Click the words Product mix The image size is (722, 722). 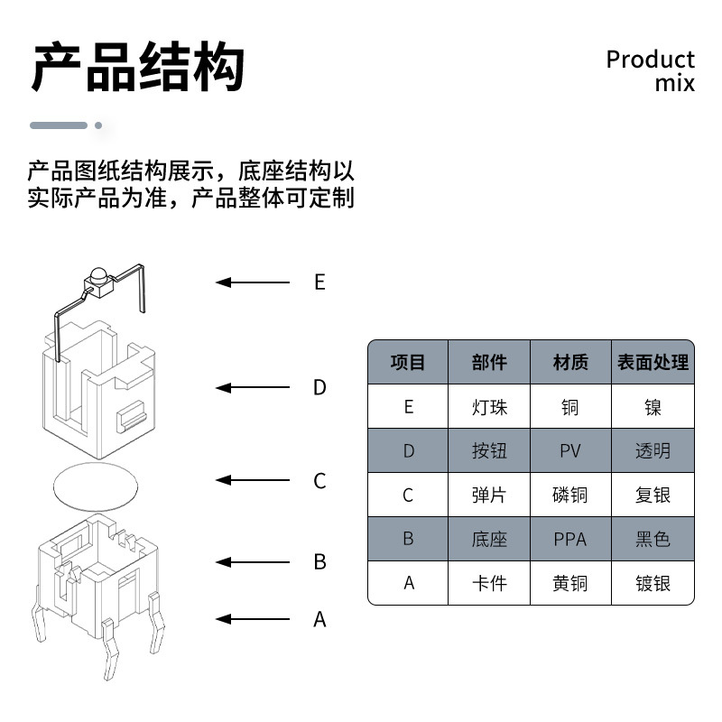pos(650,71)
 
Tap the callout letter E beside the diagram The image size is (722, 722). pos(319,282)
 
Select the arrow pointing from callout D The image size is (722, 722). pos(253,388)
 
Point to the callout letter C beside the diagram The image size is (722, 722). pos(319,481)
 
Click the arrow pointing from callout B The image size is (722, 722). pos(253,561)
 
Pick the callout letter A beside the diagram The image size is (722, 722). pos(319,620)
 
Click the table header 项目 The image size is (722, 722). pos(407,363)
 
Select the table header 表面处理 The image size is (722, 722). pos(653,363)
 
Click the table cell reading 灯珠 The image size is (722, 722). pos(489,407)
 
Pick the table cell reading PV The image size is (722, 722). pos(570,450)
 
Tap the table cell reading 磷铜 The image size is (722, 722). pos(570,495)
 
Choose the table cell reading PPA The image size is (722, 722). pos(570,539)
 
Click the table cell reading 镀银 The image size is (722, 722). pos(653,583)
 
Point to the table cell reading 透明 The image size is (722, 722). pos(653,450)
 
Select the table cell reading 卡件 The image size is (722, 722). pos(489,583)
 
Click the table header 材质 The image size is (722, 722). pos(570,363)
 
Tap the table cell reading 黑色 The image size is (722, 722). pos(653,539)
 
